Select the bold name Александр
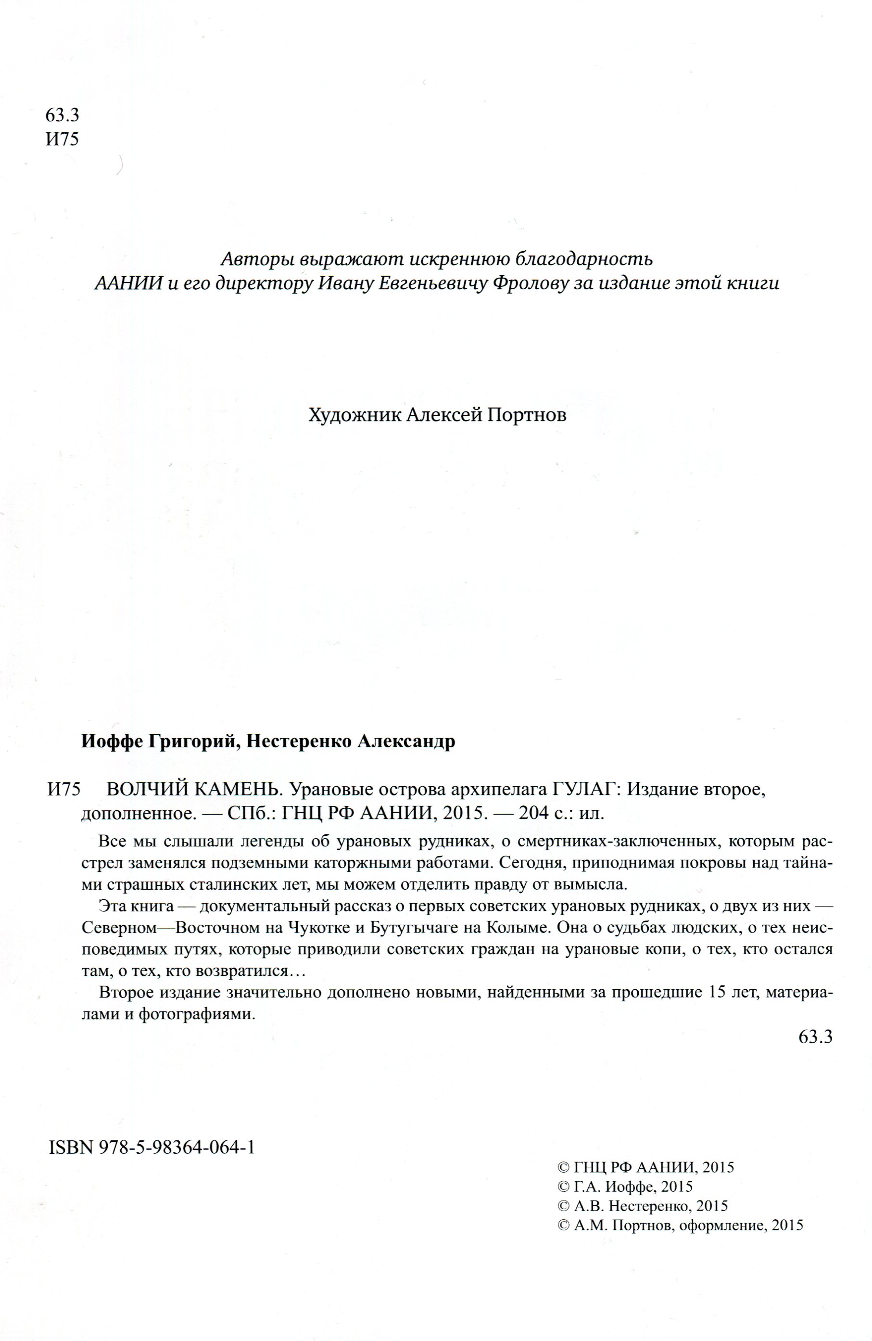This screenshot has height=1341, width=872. pos(405,741)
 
